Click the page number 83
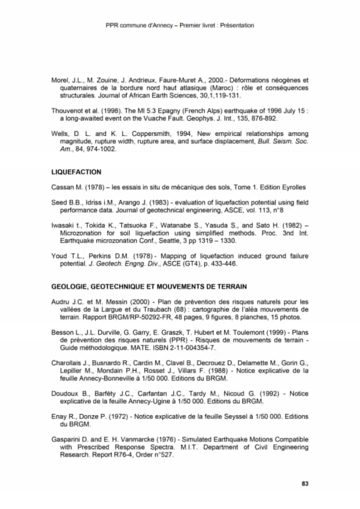[x=305, y=483]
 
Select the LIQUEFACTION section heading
[x=76, y=172]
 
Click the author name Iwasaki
[x=61, y=225]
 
